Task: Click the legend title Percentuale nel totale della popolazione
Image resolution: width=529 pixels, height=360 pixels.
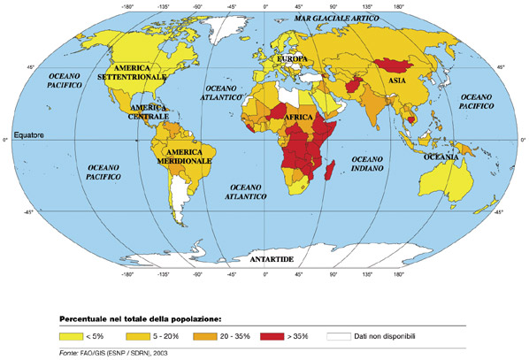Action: [x=139, y=317]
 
